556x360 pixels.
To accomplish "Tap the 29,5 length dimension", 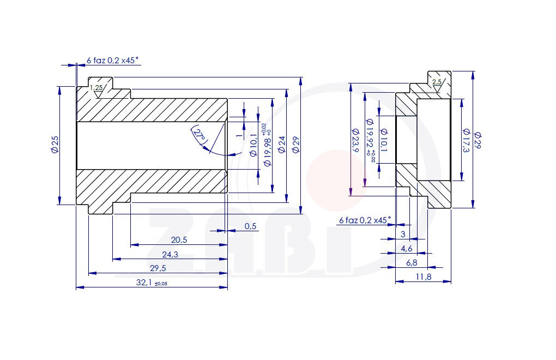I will [158, 268].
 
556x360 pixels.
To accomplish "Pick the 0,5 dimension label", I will [251, 226].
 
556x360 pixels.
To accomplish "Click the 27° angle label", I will [200, 135].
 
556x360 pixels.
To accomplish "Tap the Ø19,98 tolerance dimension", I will [268, 145].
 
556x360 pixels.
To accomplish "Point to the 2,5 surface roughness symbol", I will [437, 83].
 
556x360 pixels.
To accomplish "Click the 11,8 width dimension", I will [424, 277].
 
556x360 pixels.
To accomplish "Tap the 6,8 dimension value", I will [412, 263].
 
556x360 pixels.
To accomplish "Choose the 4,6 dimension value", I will [407, 249].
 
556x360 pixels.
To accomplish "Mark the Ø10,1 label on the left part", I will [253, 145].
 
